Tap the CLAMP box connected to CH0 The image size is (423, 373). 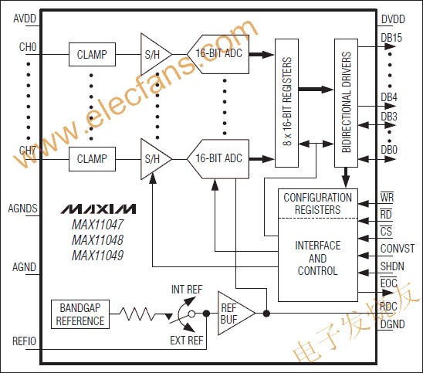click(x=92, y=55)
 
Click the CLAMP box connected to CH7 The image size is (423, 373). click(x=92, y=159)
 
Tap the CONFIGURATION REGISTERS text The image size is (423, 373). click(x=317, y=202)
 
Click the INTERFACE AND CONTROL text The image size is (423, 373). click(x=317, y=258)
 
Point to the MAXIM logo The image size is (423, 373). click(x=98, y=209)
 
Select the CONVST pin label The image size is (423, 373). click(x=398, y=249)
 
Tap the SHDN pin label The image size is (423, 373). click(x=393, y=266)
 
